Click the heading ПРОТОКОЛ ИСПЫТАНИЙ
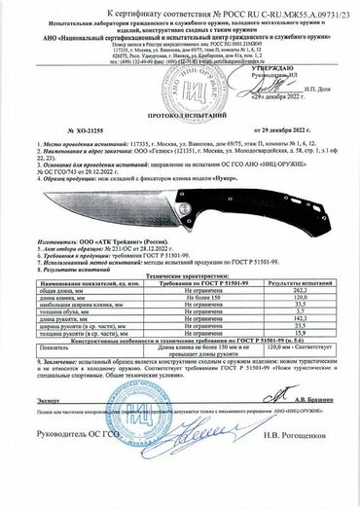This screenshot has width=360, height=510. click(179, 143)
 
